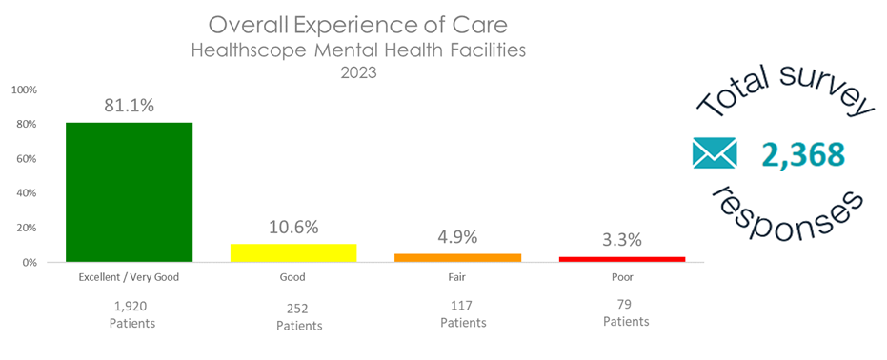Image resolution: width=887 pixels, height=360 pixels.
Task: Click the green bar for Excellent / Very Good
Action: (129, 191)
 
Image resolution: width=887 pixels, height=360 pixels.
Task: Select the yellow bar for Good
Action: (293, 252)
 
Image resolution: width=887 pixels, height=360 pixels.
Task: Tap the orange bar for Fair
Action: (457, 257)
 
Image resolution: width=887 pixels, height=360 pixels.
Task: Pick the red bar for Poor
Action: (621, 258)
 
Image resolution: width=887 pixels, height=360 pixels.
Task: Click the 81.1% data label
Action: (129, 107)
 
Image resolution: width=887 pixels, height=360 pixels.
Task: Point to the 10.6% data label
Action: (293, 228)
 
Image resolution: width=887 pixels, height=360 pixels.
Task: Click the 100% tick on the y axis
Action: (24, 90)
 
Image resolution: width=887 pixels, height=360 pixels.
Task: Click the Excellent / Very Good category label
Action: (129, 278)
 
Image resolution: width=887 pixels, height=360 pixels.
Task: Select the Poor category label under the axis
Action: (623, 278)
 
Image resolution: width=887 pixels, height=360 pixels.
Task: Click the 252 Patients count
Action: (298, 316)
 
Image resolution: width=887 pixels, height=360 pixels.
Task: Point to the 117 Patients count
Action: (463, 313)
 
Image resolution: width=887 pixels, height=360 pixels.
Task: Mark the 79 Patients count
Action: (626, 312)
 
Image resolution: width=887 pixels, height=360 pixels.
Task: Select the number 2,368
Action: (803, 154)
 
